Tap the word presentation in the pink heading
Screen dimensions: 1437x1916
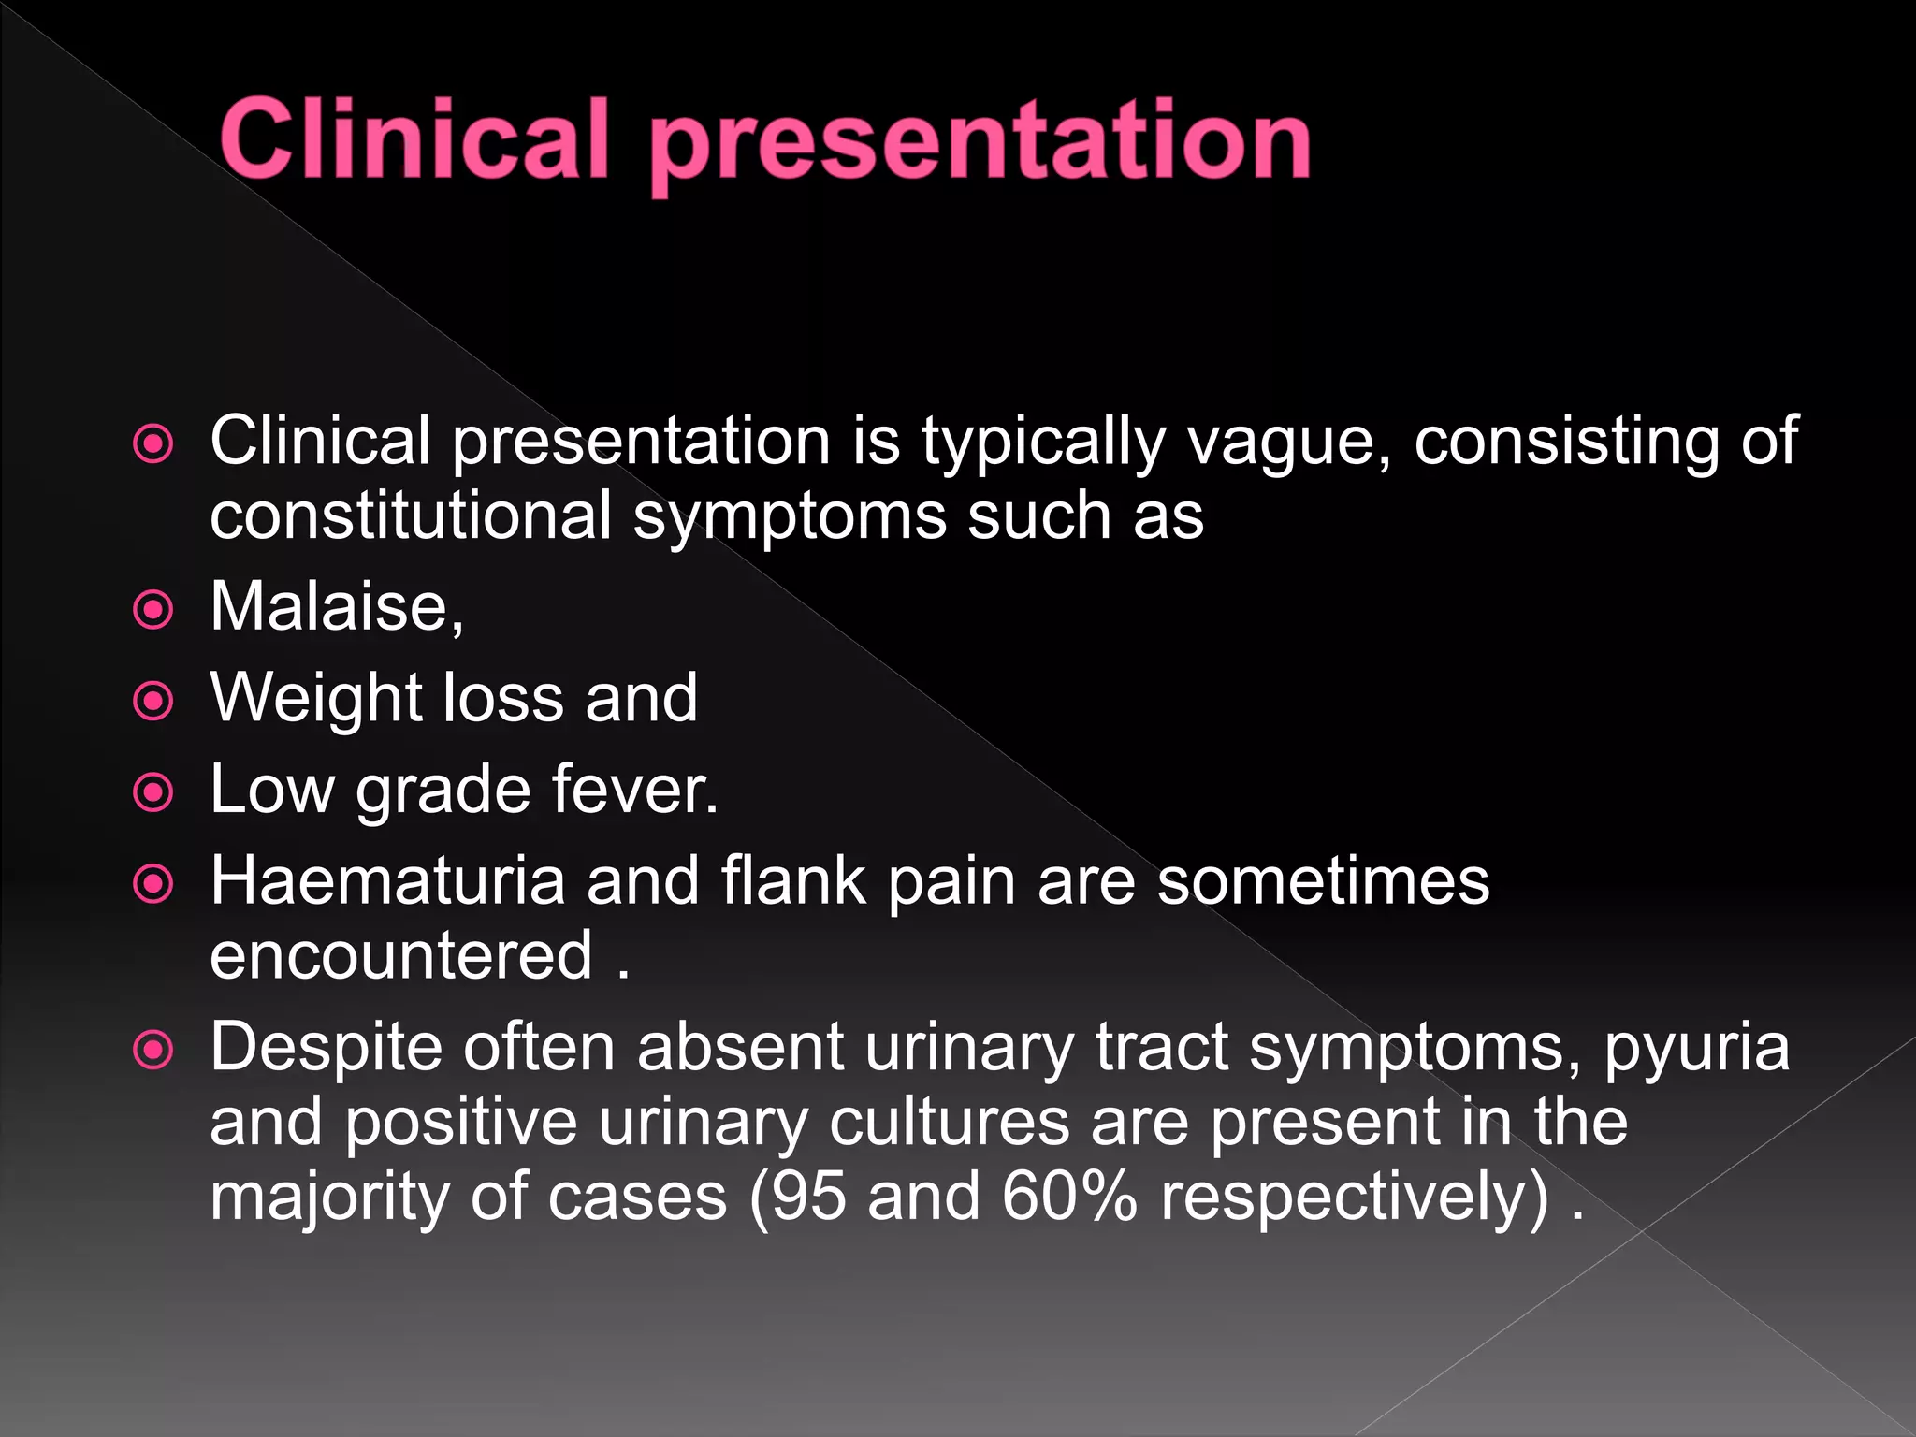tap(980, 142)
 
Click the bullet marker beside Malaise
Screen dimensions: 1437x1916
tap(153, 610)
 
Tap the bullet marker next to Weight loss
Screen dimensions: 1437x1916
tap(153, 702)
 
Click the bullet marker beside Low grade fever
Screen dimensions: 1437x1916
tap(153, 793)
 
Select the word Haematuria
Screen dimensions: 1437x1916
tap(387, 881)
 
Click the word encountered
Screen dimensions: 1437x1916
tap(401, 955)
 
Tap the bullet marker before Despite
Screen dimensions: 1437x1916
tap(153, 1050)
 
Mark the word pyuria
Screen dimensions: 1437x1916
tap(1696, 1048)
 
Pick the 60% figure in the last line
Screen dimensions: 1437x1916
tap(1068, 1197)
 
